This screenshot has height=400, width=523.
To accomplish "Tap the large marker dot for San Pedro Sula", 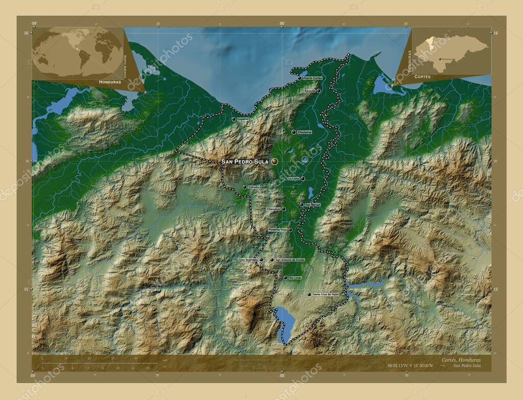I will coord(275,161).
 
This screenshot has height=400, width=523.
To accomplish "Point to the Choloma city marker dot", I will coord(294,132).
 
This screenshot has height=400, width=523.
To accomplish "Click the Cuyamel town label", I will coord(243,119).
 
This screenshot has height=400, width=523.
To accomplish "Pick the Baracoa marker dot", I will coord(318,91).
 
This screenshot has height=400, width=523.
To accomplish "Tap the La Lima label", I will coord(293,179).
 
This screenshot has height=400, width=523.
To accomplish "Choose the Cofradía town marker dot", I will coord(245,187).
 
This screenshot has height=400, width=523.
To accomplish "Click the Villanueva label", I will coord(273,209).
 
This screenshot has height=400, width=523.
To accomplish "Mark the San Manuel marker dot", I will coord(301,205).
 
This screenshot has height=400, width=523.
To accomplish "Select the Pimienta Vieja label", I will coord(278,230).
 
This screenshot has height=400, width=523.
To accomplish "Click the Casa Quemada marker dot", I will coord(261,260).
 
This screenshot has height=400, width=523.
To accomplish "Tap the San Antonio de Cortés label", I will coord(290,260).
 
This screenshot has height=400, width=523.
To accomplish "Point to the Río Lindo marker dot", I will coord(285,277).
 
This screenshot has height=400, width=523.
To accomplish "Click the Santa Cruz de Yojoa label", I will coord(326,294).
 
